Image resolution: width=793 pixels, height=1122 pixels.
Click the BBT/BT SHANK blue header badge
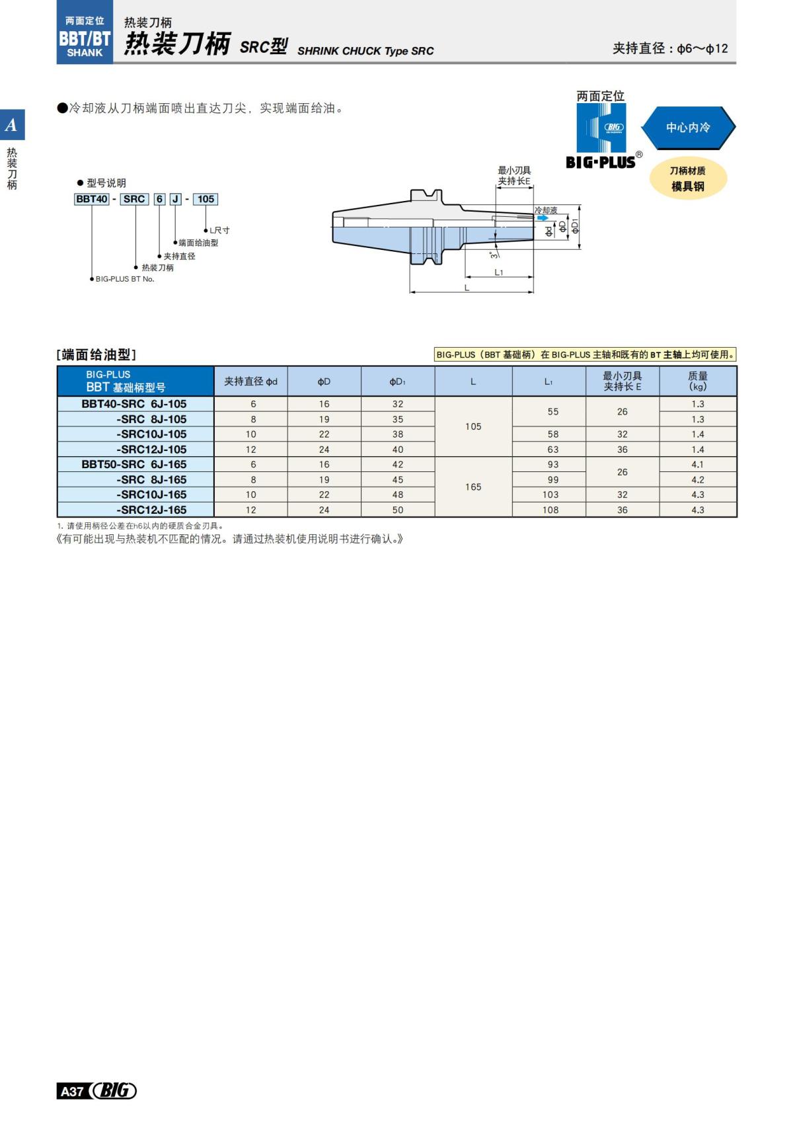click(x=85, y=36)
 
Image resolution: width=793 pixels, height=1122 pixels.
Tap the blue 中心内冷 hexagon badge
click(x=688, y=128)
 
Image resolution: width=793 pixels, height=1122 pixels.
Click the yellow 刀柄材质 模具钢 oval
click(x=688, y=179)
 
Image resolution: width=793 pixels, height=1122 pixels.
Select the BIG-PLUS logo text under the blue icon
click(x=601, y=163)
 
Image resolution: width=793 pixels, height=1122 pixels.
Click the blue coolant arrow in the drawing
click(x=543, y=218)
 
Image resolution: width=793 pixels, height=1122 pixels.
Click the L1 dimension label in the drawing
click(x=499, y=272)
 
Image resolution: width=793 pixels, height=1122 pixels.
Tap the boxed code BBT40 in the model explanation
click(x=92, y=199)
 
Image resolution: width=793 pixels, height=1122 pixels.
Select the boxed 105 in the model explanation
click(x=206, y=199)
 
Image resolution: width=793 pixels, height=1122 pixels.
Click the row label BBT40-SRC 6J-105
click(x=134, y=404)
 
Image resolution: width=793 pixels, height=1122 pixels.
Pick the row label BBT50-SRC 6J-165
click(x=134, y=465)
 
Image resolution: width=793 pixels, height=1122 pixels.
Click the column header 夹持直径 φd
click(x=250, y=381)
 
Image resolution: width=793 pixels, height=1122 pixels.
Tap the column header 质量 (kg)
click(x=698, y=381)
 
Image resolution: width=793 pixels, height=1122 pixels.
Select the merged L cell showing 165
click(x=473, y=487)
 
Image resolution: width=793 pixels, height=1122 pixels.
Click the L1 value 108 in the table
click(x=550, y=510)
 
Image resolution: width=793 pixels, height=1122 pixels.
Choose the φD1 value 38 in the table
click(x=398, y=434)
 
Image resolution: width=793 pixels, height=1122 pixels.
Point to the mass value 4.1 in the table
click(x=698, y=465)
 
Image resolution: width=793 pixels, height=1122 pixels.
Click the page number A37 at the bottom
click(x=71, y=1091)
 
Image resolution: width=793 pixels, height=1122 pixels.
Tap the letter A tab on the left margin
click(x=12, y=125)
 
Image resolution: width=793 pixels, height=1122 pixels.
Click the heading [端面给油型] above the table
click(x=96, y=355)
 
